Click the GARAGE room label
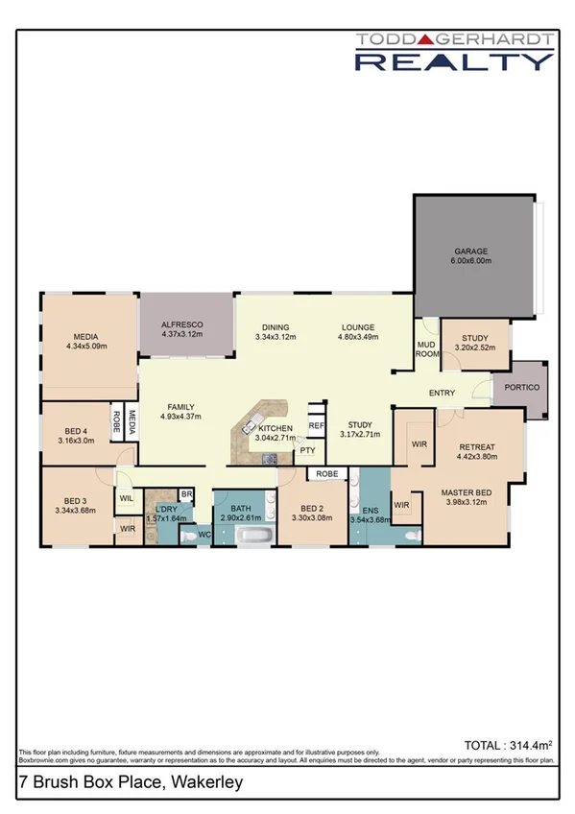(471, 252)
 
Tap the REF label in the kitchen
(315, 424)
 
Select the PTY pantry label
(307, 449)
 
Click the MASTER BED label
(466, 494)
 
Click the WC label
(204, 535)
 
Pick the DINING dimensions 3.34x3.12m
(276, 337)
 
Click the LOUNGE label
(358, 327)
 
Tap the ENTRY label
(443, 393)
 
